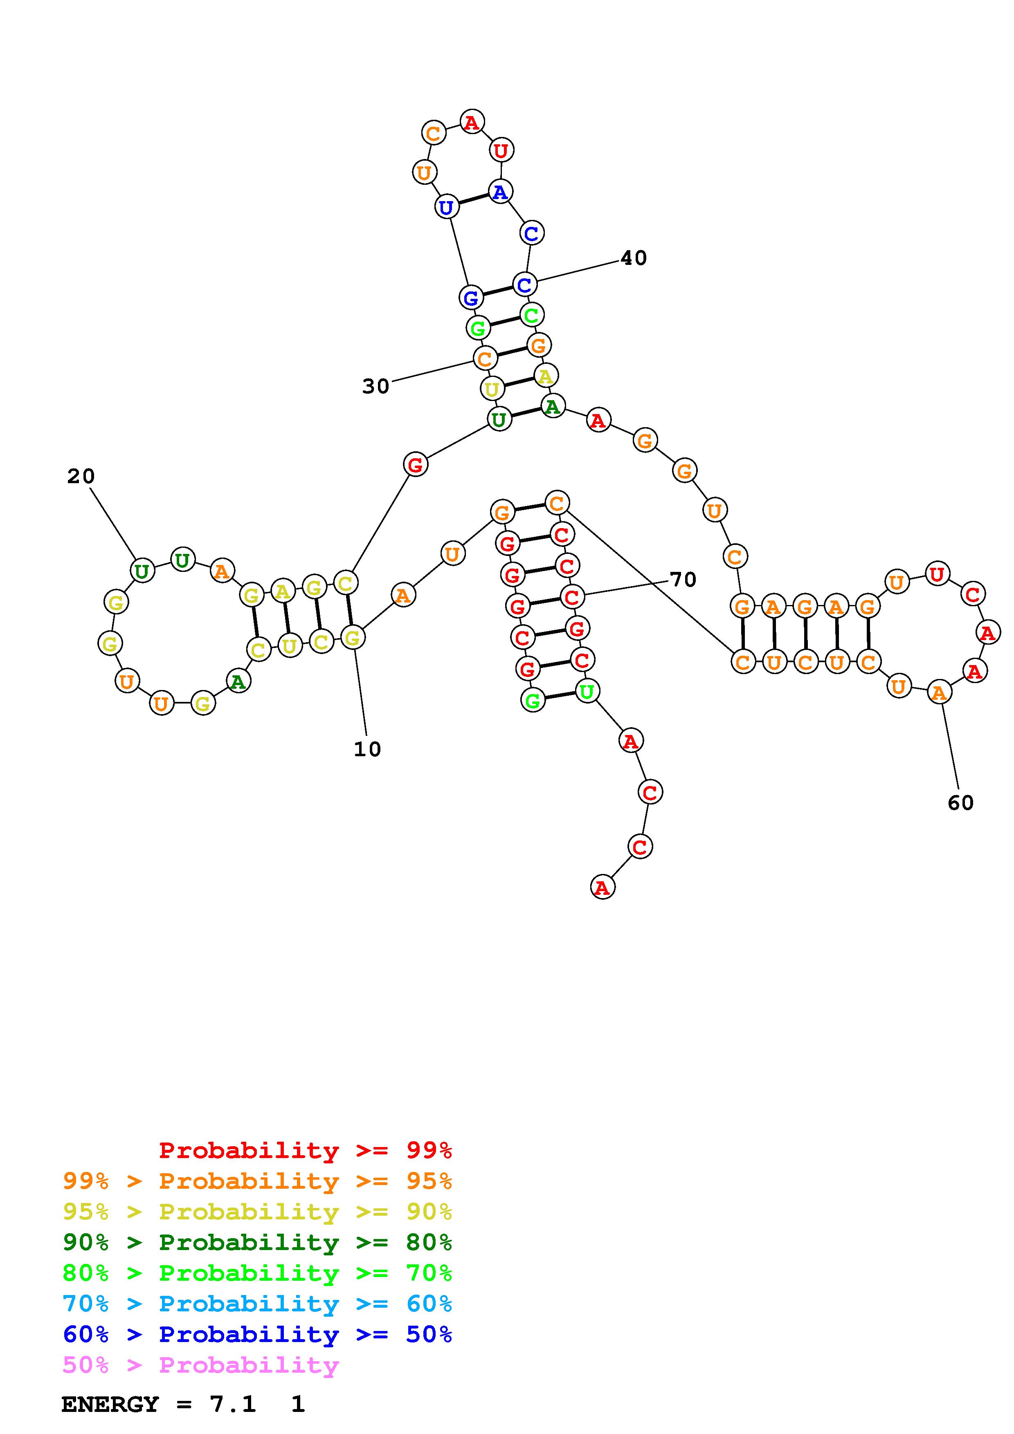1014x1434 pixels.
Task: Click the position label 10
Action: point(367,749)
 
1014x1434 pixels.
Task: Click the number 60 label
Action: point(960,802)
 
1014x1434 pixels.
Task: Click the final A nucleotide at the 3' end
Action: point(602,887)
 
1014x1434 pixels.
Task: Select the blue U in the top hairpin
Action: point(446,207)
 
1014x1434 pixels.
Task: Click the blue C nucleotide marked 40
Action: point(524,284)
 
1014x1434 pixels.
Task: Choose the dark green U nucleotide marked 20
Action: point(142,570)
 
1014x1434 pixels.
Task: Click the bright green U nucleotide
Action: point(587,691)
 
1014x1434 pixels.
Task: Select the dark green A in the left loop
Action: point(237,681)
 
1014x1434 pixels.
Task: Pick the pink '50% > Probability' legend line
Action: point(201,1365)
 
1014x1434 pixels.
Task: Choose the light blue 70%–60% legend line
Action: point(257,1304)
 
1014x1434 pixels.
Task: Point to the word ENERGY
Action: point(110,1404)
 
